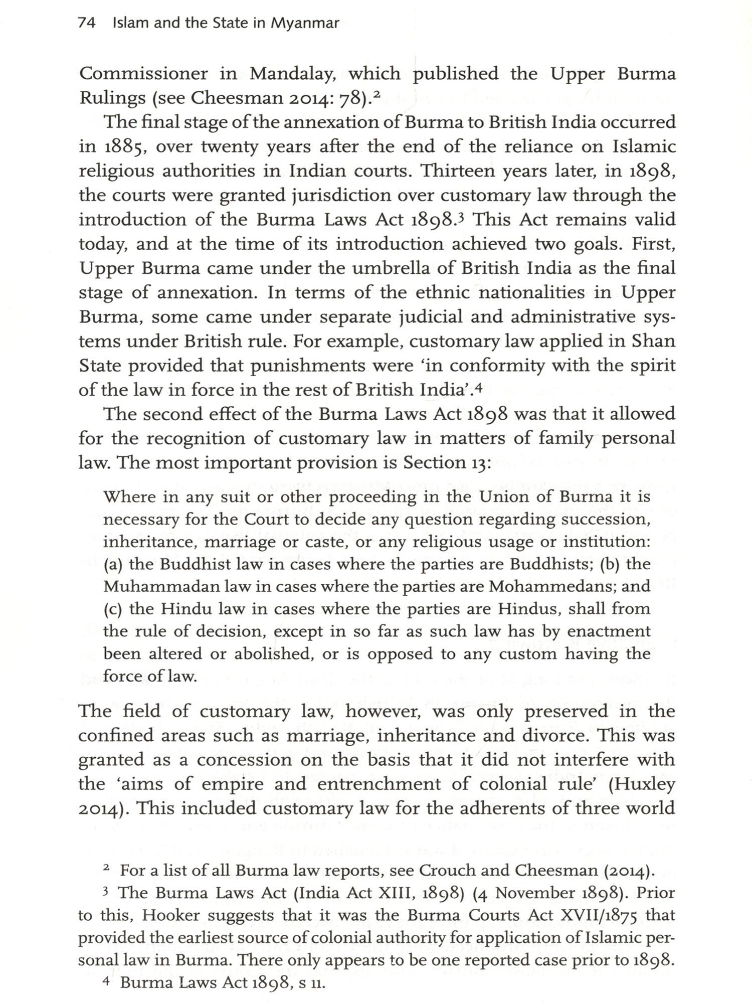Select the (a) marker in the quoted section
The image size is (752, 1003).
click(x=114, y=564)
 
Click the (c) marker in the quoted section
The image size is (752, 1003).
click(x=114, y=609)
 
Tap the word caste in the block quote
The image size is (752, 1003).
click(x=347, y=542)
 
